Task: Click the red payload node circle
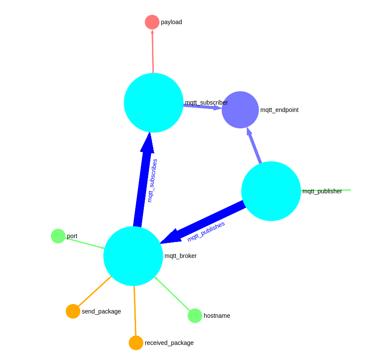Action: pyautogui.click(x=152, y=22)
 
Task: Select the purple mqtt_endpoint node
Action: pyautogui.click(x=240, y=110)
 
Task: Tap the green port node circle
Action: pyautogui.click(x=58, y=236)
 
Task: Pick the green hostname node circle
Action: pyautogui.click(x=195, y=316)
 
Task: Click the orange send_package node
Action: pyautogui.click(x=73, y=311)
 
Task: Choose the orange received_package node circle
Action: pyautogui.click(x=136, y=343)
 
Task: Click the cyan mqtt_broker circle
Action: pyautogui.click(x=133, y=256)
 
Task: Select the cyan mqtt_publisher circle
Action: pyautogui.click(x=271, y=191)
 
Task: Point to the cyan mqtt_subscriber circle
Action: pyautogui.click(x=154, y=103)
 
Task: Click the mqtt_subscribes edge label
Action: pyautogui.click(x=152, y=180)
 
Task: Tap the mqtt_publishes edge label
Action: pyautogui.click(x=206, y=231)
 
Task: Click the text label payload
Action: pyautogui.click(x=171, y=22)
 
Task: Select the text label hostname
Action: pyautogui.click(x=217, y=316)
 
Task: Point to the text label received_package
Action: pyautogui.click(x=169, y=343)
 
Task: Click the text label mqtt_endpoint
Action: pyautogui.click(x=279, y=110)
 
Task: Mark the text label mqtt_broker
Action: pyautogui.click(x=180, y=256)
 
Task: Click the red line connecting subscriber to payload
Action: pyautogui.click(x=152, y=52)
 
